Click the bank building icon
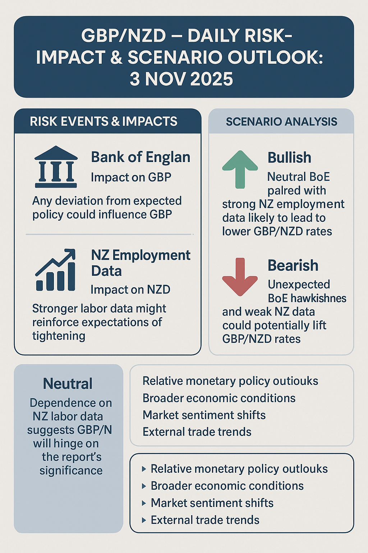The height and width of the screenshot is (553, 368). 56,167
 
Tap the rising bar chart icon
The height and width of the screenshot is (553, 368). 56,270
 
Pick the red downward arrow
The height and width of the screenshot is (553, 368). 240,276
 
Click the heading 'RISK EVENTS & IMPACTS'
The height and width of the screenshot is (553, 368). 103,122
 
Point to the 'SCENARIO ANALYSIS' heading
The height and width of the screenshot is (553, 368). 281,122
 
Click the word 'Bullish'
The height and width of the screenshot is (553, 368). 289,158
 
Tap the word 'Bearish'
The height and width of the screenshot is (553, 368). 293,266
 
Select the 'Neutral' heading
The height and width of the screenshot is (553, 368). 68,384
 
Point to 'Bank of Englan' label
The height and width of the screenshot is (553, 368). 141,157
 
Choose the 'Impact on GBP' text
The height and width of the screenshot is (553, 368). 131,177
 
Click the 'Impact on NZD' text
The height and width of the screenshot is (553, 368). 130,289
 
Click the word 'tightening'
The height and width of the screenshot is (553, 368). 59,336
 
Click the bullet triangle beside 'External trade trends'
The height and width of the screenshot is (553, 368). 144,520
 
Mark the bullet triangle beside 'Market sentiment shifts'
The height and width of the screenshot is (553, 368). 144,503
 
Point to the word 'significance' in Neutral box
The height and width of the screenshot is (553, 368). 71,471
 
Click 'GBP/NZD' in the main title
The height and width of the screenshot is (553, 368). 124,36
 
